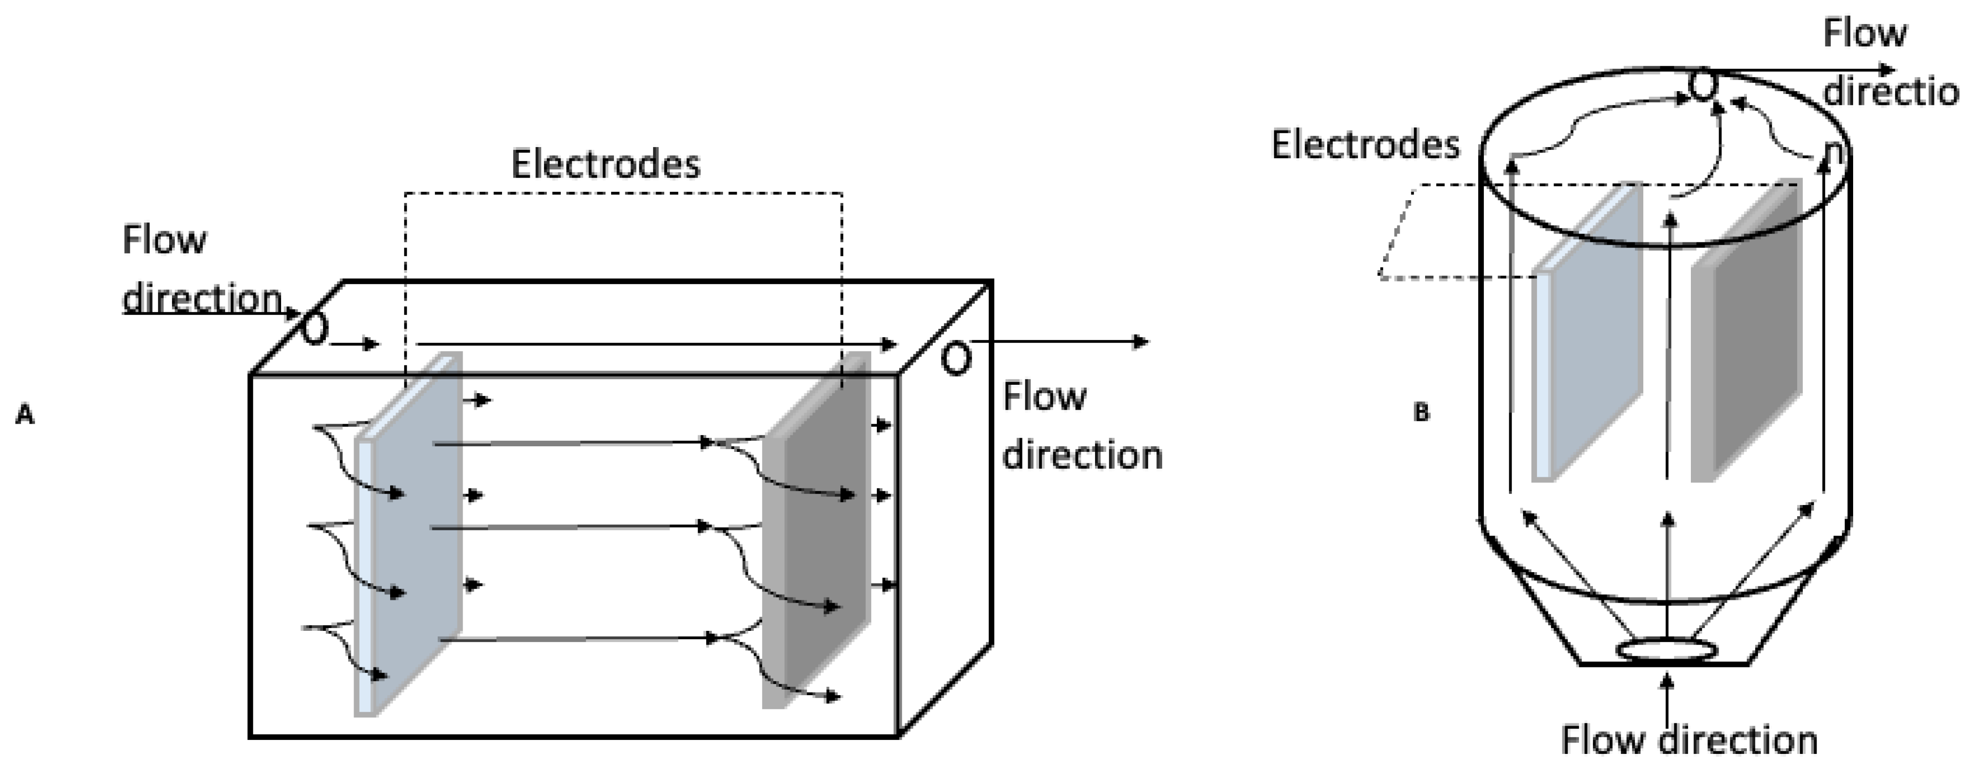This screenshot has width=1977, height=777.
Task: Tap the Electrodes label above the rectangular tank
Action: [x=606, y=164]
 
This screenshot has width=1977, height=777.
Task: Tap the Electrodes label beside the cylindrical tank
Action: [x=1365, y=145]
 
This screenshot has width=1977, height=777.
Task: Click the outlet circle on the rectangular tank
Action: [x=955, y=358]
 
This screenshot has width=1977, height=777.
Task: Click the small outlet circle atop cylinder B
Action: [x=1702, y=87]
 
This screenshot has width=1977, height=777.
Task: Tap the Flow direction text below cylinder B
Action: [x=1689, y=741]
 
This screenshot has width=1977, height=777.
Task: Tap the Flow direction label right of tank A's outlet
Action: [x=1082, y=426]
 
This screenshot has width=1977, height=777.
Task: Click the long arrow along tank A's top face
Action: [x=656, y=344]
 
